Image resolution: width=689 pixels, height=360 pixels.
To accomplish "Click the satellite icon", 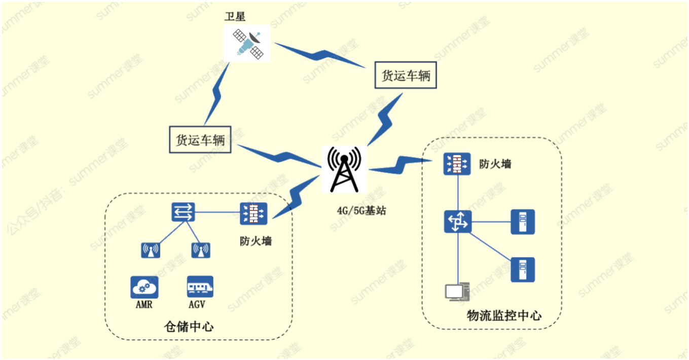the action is [x=247, y=43].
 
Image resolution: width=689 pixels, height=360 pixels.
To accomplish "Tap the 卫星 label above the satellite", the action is [x=235, y=16].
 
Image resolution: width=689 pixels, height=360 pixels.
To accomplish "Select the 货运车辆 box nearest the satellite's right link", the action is [x=406, y=75].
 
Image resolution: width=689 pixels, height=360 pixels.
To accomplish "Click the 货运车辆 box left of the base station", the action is [x=200, y=139].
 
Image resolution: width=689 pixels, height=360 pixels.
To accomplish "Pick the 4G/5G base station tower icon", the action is [x=344, y=169].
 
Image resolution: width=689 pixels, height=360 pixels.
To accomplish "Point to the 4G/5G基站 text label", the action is [x=361, y=211].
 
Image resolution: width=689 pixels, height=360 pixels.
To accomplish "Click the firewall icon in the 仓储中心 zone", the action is [x=253, y=213].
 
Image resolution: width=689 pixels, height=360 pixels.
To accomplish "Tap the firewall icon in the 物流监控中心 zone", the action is [x=457, y=164].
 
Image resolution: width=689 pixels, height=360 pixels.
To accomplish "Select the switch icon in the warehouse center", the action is [x=183, y=212].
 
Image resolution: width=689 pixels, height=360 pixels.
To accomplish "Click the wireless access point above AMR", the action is [x=151, y=250].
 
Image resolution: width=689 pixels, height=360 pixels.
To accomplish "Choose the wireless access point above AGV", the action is [x=201, y=250].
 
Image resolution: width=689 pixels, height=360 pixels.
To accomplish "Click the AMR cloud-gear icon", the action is [x=144, y=287].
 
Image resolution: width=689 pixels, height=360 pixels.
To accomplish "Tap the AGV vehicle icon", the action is [x=200, y=286].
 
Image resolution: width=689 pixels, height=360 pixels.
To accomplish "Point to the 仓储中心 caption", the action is [x=189, y=327].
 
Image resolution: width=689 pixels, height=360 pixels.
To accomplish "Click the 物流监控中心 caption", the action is [x=504, y=316].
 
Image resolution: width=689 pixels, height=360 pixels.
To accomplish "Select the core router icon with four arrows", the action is [x=458, y=222].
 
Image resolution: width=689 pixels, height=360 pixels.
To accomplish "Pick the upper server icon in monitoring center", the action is [x=523, y=222].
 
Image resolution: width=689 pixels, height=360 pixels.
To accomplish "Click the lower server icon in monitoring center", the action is [x=523, y=270].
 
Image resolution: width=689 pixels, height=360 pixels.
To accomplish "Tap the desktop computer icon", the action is [x=457, y=292].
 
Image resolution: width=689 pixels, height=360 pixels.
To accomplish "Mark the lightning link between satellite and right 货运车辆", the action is [x=320, y=55].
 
